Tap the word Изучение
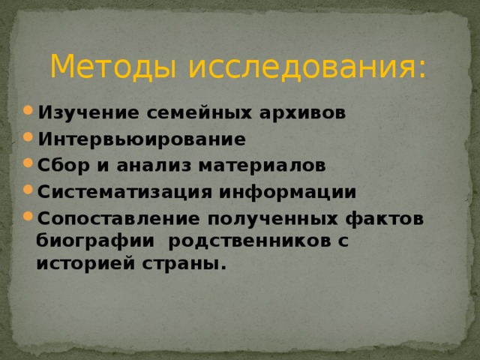click(x=76, y=113)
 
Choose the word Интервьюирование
click(x=142, y=139)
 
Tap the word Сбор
click(x=59, y=165)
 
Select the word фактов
click(x=391, y=218)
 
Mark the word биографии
click(x=97, y=242)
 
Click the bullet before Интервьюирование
click(x=28, y=138)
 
